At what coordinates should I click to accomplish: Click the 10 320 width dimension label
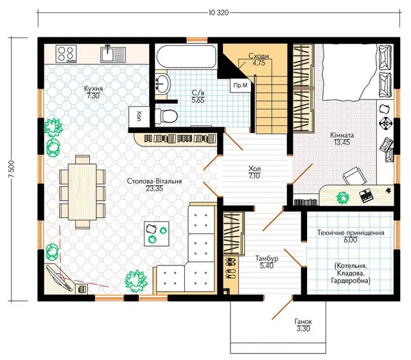(x=218, y=13)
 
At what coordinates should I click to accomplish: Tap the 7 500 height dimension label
(x=12, y=168)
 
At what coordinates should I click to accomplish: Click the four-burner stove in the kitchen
(x=66, y=54)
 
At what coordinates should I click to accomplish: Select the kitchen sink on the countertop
(x=113, y=53)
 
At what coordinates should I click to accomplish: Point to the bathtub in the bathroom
(x=187, y=57)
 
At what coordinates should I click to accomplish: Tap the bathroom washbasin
(x=162, y=84)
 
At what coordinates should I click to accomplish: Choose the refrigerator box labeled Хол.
(x=139, y=117)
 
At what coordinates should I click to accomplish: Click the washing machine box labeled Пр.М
(x=240, y=85)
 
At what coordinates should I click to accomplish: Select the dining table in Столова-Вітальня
(x=82, y=192)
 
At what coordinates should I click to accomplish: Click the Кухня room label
(x=93, y=89)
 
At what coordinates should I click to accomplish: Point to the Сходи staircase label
(x=258, y=56)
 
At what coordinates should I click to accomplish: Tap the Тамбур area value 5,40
(x=267, y=265)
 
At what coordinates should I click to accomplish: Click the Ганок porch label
(x=303, y=321)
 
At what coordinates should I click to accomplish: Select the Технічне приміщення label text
(x=351, y=233)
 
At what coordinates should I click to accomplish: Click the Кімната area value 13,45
(x=342, y=143)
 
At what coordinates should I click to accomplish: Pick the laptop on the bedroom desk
(x=366, y=196)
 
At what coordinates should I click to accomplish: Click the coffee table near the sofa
(x=157, y=233)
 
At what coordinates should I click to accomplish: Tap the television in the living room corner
(x=59, y=278)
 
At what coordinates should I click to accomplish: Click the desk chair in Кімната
(x=355, y=176)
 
